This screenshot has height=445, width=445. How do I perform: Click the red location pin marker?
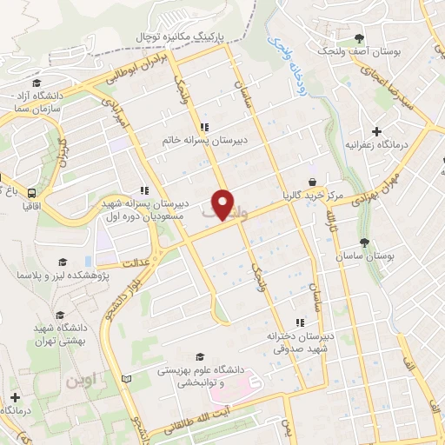223,205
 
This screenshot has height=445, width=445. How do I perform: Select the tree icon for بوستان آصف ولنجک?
359,38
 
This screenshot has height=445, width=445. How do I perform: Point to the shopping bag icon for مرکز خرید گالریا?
310,181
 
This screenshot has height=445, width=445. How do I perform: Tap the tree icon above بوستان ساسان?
363,243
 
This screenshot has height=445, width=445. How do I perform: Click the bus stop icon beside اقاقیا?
31,193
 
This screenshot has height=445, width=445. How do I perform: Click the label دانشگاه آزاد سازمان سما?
35,102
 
